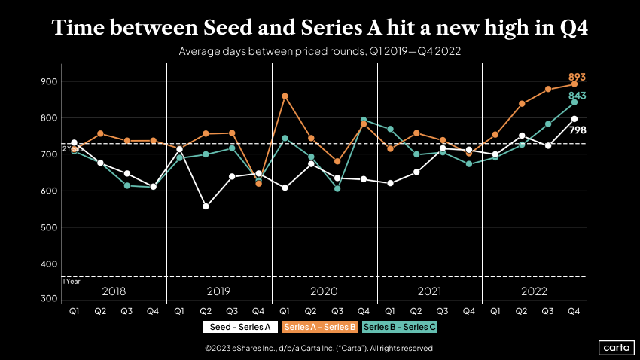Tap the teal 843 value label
(x=576, y=96)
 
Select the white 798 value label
(x=578, y=130)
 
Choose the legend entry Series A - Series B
(x=319, y=327)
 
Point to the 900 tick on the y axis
(x=50, y=81)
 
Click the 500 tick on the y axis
(x=50, y=227)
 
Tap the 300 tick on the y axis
(x=50, y=299)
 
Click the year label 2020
(x=324, y=291)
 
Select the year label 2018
(x=113, y=291)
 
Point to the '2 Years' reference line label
(x=72, y=148)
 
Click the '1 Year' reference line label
(x=72, y=282)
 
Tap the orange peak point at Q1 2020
(x=285, y=96)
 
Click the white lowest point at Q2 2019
(x=206, y=206)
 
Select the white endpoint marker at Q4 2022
(x=574, y=119)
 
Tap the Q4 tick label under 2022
(x=574, y=310)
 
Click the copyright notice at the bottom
(x=319, y=349)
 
